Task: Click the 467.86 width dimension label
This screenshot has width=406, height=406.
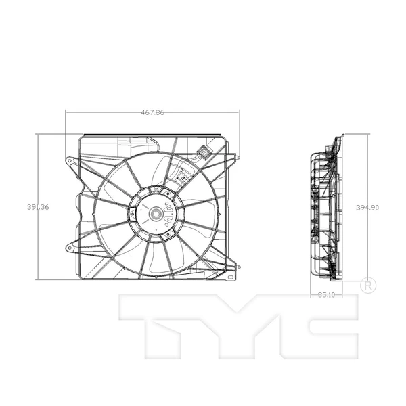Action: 154,112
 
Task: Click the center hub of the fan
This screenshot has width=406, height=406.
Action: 155,215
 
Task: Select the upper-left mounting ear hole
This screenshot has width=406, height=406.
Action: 69,161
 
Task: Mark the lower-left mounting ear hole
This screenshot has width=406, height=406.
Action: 69,248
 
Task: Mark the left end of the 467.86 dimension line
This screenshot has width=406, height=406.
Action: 66,112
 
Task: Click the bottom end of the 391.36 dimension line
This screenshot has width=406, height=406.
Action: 38,279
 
